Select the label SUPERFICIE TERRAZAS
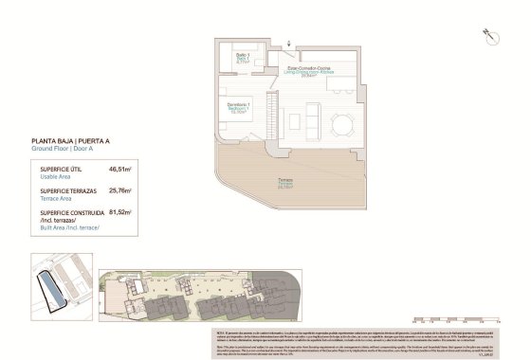[x=68, y=190]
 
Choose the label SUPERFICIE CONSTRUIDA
[x=72, y=213]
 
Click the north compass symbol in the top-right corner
[x=490, y=34]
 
